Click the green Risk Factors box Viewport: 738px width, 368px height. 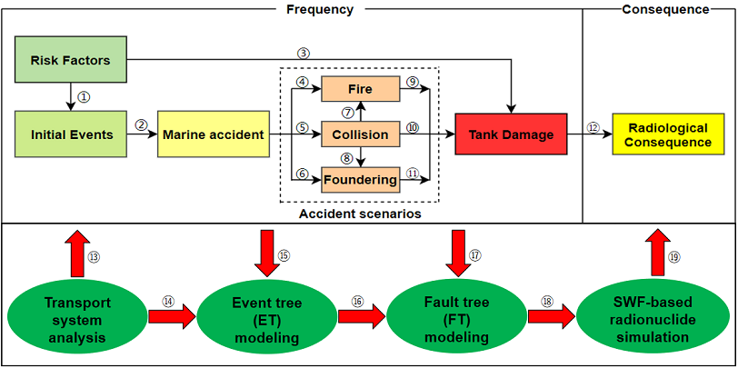point(70,61)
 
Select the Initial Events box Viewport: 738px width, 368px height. point(71,134)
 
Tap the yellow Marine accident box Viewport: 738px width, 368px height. point(214,134)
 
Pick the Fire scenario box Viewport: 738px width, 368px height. point(361,89)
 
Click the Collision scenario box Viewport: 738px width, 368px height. point(361,134)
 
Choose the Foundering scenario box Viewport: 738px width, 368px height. point(361,180)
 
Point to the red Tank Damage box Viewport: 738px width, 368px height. point(511,134)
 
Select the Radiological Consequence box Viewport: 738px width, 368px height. point(663,134)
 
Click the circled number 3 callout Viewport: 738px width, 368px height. point(304,53)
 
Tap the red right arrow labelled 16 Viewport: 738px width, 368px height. point(358,316)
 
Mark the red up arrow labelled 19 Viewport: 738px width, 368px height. point(654,252)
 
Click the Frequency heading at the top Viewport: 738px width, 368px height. point(319,9)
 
